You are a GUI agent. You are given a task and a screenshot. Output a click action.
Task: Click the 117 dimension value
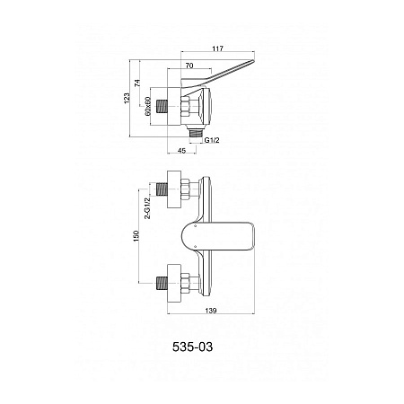pos(218,48)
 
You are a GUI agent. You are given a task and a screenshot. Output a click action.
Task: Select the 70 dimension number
pos(189,66)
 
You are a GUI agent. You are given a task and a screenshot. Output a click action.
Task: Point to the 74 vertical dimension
pos(137,83)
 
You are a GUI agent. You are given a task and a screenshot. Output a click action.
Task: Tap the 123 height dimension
pos(127,99)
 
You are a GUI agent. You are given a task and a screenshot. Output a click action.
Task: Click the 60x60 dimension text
pos(147,106)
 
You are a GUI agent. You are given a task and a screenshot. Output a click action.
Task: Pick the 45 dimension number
pos(181,151)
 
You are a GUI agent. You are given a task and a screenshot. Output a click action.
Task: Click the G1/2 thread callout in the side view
pos(212,140)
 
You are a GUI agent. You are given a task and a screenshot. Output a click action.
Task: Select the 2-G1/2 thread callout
pos(147,208)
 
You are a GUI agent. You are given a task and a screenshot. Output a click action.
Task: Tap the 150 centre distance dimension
pos(136,236)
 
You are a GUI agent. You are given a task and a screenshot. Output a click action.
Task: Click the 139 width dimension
pos(211,311)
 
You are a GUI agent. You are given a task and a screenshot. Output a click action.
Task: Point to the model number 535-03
pos(192,347)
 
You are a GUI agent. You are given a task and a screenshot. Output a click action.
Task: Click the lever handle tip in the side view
pos(253,61)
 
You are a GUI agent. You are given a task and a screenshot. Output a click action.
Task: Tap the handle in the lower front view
pos(218,236)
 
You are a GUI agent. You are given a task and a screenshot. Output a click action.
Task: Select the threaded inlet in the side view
pos(162,106)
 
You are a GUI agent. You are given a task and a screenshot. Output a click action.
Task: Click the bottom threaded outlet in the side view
pos(197,132)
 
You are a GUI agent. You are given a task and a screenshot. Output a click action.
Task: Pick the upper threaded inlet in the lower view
pos(162,189)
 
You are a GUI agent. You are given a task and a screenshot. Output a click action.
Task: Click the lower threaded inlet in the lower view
pos(162,283)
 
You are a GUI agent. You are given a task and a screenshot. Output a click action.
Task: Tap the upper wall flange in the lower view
pos(174,189)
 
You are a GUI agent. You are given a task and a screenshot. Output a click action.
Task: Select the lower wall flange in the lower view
pos(174,283)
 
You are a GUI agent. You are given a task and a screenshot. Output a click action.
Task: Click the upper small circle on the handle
pos(195,226)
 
